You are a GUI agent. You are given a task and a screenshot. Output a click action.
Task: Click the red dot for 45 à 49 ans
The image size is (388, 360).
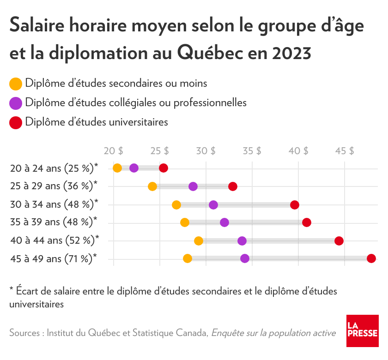[x=371, y=258]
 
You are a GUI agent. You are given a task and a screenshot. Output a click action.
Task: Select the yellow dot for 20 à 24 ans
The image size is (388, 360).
[x=117, y=168]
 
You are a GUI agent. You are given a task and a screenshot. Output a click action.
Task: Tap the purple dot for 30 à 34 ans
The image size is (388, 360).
[x=213, y=204]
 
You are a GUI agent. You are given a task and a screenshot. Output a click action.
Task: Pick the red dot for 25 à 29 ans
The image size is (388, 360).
[x=233, y=186]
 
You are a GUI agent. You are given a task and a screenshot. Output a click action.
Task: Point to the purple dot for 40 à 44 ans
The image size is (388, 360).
[x=242, y=240]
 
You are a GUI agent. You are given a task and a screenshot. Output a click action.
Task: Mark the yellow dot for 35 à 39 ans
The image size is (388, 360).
[x=185, y=222]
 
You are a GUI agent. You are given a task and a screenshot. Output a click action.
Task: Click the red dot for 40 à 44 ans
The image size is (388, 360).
[x=339, y=240]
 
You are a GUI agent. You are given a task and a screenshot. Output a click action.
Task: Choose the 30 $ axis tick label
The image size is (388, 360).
[x=206, y=151]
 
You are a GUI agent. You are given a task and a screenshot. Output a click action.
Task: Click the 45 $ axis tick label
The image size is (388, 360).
[x=345, y=151]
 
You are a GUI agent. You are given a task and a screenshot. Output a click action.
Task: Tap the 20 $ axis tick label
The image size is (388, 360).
[x=114, y=151]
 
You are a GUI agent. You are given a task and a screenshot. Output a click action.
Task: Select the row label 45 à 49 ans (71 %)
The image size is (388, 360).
[x=54, y=258]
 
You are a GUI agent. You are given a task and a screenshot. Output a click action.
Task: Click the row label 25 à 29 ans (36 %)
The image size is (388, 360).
[x=54, y=186]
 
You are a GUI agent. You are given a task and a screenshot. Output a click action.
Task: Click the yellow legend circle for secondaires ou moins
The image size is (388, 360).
[x=16, y=84]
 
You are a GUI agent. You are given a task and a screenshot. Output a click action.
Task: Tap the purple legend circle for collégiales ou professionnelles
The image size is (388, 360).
[x=16, y=103]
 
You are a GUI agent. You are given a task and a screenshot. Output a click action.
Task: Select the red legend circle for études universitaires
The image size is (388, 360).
[x=16, y=123]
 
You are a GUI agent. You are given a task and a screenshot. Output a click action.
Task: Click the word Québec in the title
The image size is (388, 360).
[x=211, y=53]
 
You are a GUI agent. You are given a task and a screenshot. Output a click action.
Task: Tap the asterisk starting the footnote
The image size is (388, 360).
[x=12, y=291]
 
